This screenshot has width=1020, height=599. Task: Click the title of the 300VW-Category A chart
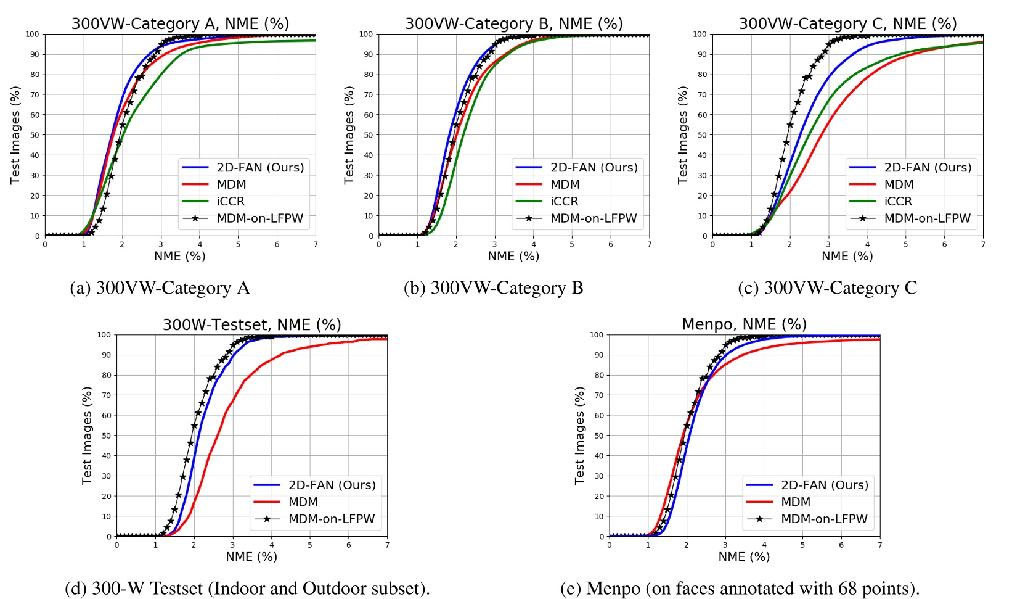tap(180, 23)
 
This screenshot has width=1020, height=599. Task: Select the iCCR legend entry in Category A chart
tap(231, 201)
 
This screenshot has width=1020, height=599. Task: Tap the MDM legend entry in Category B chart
tap(565, 184)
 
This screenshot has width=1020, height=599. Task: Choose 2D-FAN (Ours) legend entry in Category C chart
tap(928, 167)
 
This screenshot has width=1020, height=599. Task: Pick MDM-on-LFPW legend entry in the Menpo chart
tap(823, 519)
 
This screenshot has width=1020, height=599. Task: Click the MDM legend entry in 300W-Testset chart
tap(303, 502)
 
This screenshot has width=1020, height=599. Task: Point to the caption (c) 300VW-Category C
tap(827, 288)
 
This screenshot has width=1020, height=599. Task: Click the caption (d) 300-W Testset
tap(247, 589)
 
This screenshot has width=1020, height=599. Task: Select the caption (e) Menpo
tap(740, 589)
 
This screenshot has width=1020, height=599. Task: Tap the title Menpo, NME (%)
tap(744, 324)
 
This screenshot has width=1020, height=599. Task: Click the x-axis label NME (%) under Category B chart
tap(513, 256)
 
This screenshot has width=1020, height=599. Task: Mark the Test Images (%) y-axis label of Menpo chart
tap(579, 436)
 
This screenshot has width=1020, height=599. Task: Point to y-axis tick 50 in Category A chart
tap(35, 135)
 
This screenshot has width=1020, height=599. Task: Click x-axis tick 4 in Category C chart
tap(867, 245)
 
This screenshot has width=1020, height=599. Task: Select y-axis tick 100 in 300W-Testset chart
tap(104, 335)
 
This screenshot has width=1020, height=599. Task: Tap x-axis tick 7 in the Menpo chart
tap(879, 545)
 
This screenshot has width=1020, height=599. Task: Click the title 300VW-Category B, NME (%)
tap(513, 23)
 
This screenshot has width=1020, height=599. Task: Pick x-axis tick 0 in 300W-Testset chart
tap(116, 545)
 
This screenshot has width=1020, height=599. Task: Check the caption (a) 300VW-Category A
tap(160, 288)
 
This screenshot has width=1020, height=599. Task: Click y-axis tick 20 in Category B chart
tap(369, 196)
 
